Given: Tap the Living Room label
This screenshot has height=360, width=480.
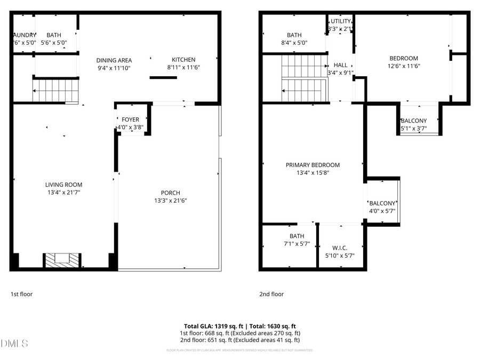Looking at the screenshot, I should tap(63, 185).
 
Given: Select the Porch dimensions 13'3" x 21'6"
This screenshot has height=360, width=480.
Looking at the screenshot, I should tap(170, 201).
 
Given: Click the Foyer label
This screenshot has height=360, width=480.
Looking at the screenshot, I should tap(130, 119).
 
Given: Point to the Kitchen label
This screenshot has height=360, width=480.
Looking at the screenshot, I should tap(183, 60).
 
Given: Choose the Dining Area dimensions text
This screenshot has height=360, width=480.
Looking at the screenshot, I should tap(114, 68).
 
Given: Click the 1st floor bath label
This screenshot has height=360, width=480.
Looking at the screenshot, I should tap(54, 35).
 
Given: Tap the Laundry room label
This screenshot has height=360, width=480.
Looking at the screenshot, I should tap(24, 35).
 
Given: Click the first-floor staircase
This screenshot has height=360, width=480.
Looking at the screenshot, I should tap(55, 90).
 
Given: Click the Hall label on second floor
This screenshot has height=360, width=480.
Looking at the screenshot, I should tap(340, 65).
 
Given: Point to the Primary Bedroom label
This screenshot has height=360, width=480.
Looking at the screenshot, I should tap(313, 165).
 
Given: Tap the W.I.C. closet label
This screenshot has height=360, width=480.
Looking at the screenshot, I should tap(340, 247).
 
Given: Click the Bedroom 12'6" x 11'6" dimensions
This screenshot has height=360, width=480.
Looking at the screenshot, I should tap(403, 66).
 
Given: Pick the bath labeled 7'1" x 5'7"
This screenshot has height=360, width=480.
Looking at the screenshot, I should tap(297, 239).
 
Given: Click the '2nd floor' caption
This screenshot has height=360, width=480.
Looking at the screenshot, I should tap(271, 294).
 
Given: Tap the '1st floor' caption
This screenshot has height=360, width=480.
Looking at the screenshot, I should tap(21, 294).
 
